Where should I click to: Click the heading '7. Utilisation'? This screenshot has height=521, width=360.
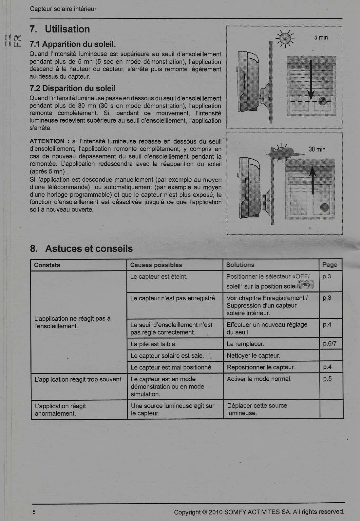click(x=60, y=30)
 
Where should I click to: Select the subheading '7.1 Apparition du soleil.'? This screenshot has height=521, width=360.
click(x=73, y=44)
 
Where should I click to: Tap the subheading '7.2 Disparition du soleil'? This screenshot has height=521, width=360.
click(x=72, y=89)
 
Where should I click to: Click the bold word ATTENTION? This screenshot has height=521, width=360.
click(x=47, y=141)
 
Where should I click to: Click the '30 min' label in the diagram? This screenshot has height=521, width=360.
click(x=317, y=150)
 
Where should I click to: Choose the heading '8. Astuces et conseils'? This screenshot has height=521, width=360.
click(x=81, y=249)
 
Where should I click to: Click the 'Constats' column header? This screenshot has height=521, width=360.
click(x=47, y=265)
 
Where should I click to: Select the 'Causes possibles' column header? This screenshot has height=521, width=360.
click(x=156, y=265)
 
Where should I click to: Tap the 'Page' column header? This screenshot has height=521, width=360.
click(x=330, y=265)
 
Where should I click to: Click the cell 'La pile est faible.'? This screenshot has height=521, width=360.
click(x=154, y=344)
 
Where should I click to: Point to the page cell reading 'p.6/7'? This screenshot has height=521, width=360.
click(x=330, y=344)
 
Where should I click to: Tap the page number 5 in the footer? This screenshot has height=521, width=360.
click(x=34, y=512)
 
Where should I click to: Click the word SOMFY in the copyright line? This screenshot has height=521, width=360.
click(x=235, y=512)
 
